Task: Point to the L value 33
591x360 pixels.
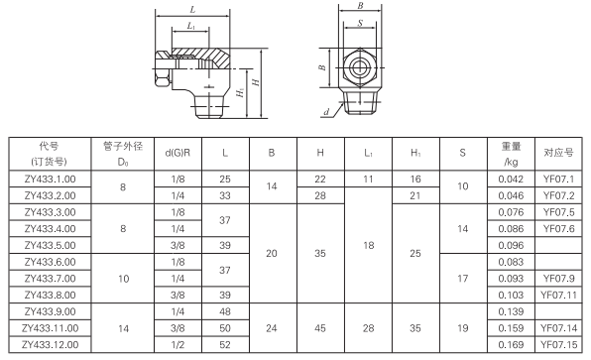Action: click(226, 195)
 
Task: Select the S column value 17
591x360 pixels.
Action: click(462, 279)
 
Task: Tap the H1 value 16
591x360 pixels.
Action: click(414, 179)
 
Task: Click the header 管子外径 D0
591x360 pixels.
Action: click(123, 153)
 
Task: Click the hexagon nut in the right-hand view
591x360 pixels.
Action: click(359, 69)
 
